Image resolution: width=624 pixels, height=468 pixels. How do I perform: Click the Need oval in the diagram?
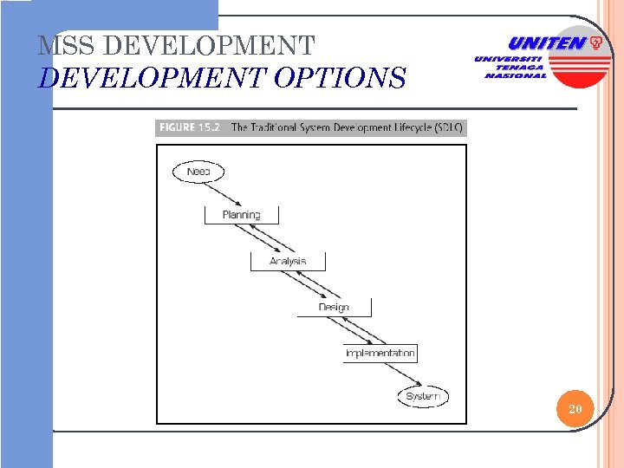(198, 172)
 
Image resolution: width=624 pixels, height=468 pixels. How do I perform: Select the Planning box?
(241, 214)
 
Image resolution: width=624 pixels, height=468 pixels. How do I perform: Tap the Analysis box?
(288, 261)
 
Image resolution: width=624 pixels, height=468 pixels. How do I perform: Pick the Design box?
(334, 307)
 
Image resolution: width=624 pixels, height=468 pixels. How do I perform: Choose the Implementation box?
(380, 353)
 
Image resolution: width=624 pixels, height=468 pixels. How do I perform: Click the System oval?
(423, 397)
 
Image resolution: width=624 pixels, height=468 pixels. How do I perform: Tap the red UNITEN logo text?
(545, 42)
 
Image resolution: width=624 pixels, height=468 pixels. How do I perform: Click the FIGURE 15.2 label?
(191, 127)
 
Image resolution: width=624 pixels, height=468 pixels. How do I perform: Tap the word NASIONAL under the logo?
(516, 75)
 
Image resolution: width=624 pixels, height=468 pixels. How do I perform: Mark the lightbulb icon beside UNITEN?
(596, 42)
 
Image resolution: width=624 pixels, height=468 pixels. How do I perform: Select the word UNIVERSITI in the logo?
(509, 58)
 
